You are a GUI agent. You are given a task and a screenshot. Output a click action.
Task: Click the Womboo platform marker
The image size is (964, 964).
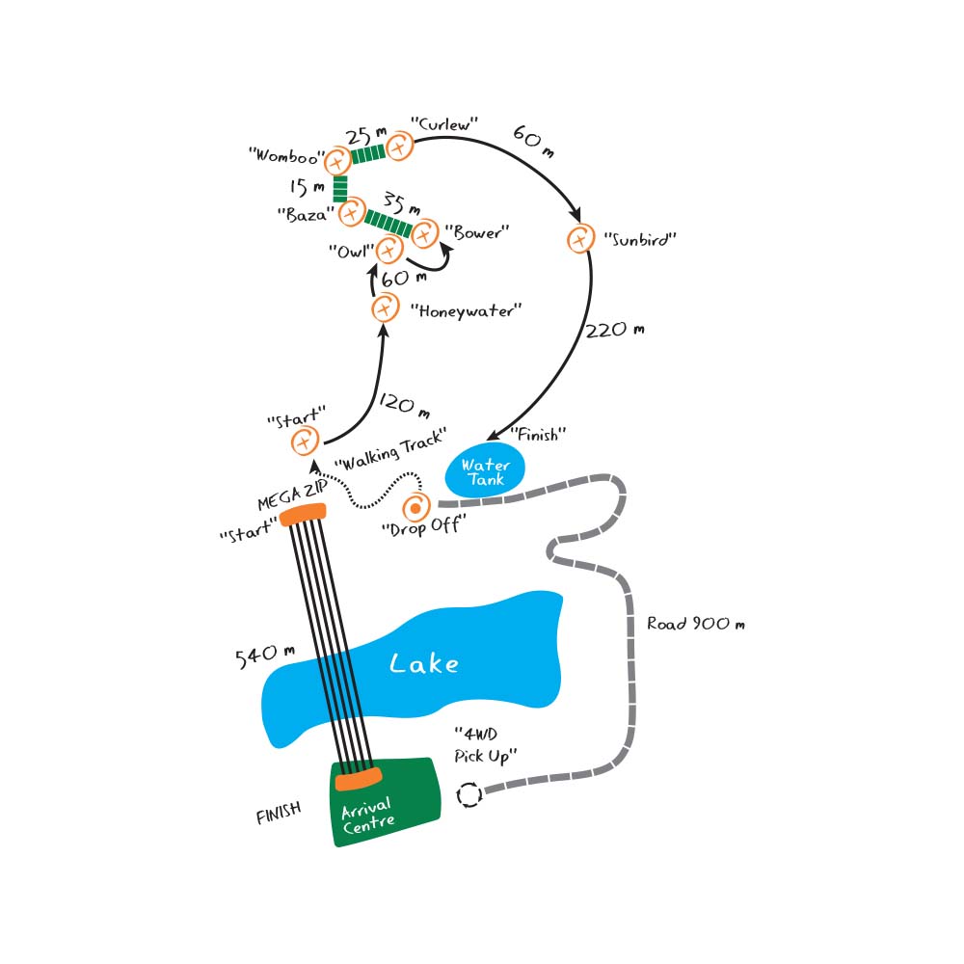coord(336,161)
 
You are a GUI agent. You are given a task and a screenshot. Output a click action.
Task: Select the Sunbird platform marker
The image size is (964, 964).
coord(579,237)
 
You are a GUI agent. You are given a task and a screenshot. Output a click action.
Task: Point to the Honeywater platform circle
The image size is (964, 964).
coord(385,308)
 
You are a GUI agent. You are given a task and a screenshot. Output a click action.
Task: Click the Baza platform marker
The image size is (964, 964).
coord(350,212)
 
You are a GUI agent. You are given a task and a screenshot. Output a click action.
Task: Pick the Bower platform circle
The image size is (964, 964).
coord(425,232)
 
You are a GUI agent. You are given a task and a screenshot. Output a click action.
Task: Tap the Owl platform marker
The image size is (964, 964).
coord(388,251)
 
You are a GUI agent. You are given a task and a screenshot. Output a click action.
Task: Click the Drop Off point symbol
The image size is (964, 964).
coord(416,506)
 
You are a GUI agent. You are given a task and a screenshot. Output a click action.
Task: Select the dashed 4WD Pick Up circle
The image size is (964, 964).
coord(469,794)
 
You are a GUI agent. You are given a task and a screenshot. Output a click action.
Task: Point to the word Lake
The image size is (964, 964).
coord(424,663)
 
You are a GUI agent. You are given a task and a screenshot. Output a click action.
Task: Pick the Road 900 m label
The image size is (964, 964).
coord(696,624)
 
